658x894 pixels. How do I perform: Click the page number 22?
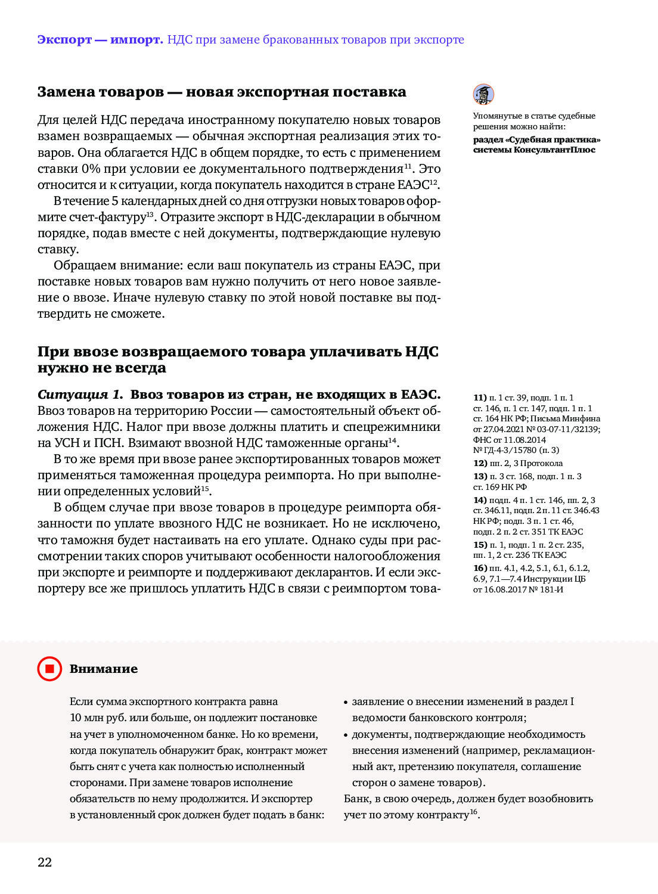[45, 862]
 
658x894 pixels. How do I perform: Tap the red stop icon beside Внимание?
[49, 669]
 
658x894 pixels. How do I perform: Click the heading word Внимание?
[104, 669]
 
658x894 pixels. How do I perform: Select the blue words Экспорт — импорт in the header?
[100, 40]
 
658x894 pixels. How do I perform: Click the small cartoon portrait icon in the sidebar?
[483, 94]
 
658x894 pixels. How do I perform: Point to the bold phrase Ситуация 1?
[80, 395]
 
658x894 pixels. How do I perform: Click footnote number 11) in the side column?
[480, 398]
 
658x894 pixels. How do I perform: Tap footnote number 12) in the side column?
[480, 463]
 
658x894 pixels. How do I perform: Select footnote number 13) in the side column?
[480, 476]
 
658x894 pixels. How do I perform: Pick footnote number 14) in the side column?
[480, 500]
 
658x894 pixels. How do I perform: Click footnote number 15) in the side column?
[480, 545]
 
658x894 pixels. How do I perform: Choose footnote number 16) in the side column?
[480, 568]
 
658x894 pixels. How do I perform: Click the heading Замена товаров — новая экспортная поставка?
[222, 92]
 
